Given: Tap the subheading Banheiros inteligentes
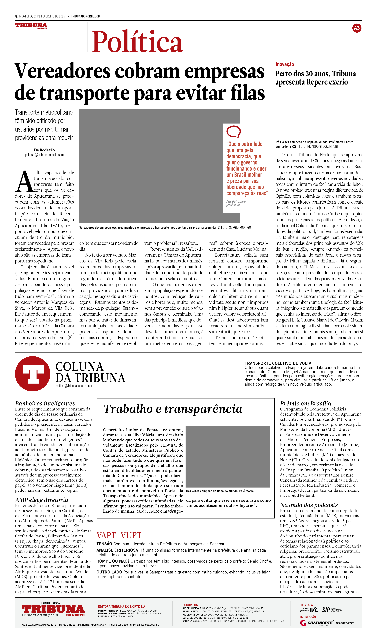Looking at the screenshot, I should pos(45,403).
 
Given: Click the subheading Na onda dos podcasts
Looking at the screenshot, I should pos(309,505).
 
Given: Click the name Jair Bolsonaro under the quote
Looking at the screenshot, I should pos(236,201).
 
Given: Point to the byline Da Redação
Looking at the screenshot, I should pos(44,150).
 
